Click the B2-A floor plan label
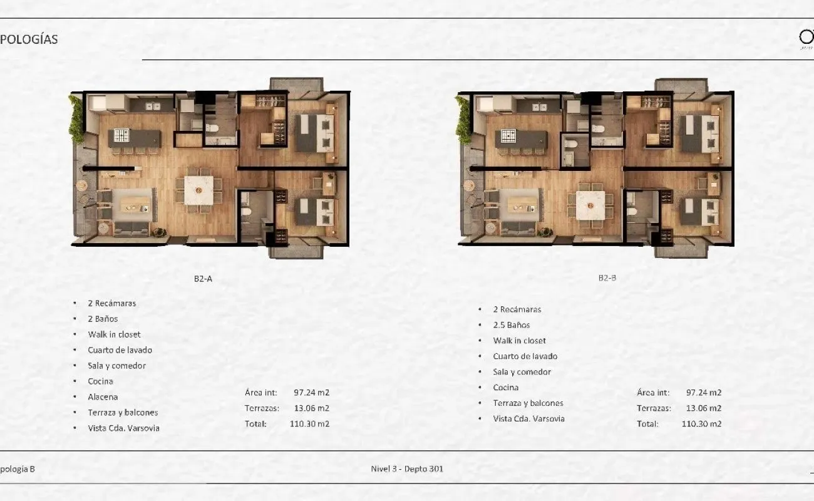203,279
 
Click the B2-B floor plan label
607,278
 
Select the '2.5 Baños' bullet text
512,325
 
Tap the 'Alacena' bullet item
103,397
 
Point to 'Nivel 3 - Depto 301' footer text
407,469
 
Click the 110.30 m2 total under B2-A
309,424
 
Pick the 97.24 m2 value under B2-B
704,393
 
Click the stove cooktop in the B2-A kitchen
121,135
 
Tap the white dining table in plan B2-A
198,190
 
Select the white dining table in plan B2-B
590,205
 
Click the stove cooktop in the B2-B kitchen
508,136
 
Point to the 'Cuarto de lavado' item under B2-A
120,350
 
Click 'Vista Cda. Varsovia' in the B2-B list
528,419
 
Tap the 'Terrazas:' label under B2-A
262,408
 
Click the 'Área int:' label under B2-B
653,393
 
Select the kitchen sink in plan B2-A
153,106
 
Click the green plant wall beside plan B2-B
464,120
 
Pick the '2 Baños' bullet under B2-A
103,319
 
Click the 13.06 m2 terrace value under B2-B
704,408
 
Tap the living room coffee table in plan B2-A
135,205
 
